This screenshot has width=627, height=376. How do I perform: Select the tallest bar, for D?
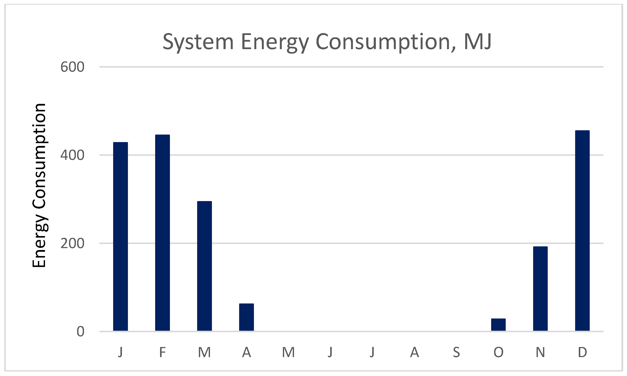[x=582, y=230]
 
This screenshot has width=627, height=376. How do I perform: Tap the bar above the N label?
[x=540, y=289]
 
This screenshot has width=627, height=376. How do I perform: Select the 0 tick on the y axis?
[x=80, y=332]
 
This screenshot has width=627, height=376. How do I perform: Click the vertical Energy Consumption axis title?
[x=39, y=185]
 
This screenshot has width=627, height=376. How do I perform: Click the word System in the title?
[x=198, y=42]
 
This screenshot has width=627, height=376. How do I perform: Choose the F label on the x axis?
[x=162, y=352]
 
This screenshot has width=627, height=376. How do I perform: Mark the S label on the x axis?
[x=456, y=352]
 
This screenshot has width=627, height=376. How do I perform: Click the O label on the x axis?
[x=498, y=352]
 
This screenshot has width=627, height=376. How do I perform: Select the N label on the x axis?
[x=540, y=352]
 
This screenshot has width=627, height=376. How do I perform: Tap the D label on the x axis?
[x=582, y=352]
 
